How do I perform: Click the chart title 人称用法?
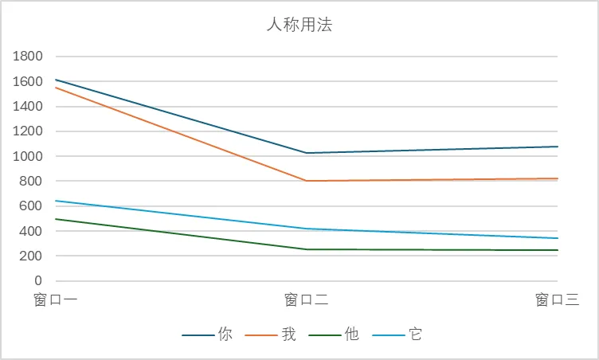[299, 25]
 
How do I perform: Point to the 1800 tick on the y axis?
[27, 57]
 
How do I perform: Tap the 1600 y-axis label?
[27, 81]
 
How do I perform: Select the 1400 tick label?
[27, 107]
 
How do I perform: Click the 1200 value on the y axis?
[27, 131]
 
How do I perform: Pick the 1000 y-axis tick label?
[27, 156]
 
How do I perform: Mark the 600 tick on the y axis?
[31, 206]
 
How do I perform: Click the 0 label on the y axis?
[38, 281]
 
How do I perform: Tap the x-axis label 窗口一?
[55, 300]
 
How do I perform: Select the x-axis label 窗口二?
[307, 300]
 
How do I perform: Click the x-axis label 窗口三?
[557, 300]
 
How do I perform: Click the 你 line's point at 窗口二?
[307, 153]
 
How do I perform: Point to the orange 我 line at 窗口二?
[307, 181]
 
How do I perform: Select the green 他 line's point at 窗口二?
[307, 249]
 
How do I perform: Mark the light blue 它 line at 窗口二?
[307, 229]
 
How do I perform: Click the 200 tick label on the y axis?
[31, 256]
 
